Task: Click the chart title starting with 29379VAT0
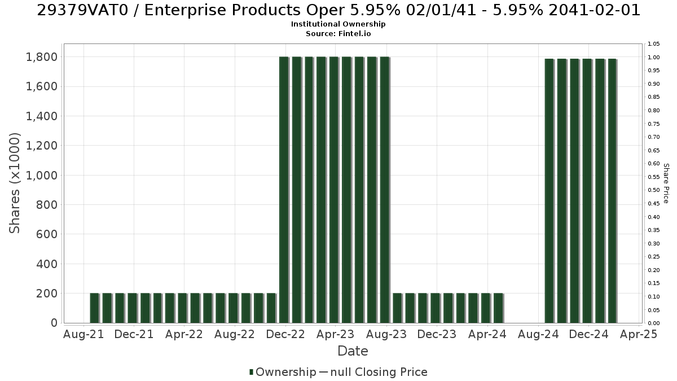[x=338, y=10]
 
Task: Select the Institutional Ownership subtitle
[x=338, y=24]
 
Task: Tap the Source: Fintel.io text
[x=338, y=33]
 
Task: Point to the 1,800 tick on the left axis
[x=42, y=57]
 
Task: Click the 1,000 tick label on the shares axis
[x=42, y=176]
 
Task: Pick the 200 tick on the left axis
[x=47, y=294]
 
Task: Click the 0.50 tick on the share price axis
[x=653, y=190]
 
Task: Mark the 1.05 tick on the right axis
[x=653, y=44]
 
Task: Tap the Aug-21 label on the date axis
[x=83, y=334]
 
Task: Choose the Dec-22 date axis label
[x=285, y=334]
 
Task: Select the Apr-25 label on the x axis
[x=639, y=334]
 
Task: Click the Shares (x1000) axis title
[x=15, y=183]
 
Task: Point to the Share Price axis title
[x=666, y=183]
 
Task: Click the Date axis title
[x=353, y=351]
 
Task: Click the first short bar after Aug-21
[x=95, y=308]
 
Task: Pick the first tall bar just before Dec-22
[x=284, y=190]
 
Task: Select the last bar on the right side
[x=612, y=191]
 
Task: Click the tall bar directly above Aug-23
[x=385, y=190]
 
